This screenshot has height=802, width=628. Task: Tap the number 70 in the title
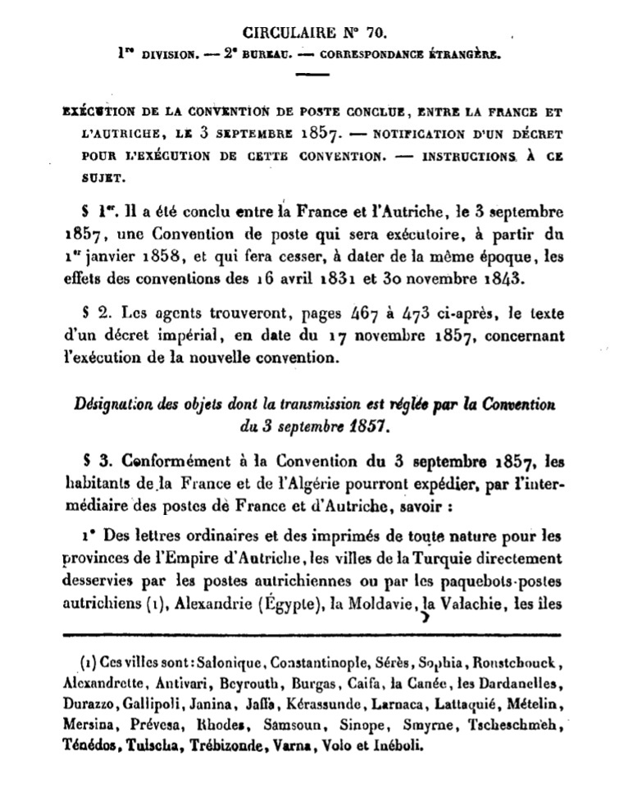point(373,34)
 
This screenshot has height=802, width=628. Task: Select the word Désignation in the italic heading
point(116,404)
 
